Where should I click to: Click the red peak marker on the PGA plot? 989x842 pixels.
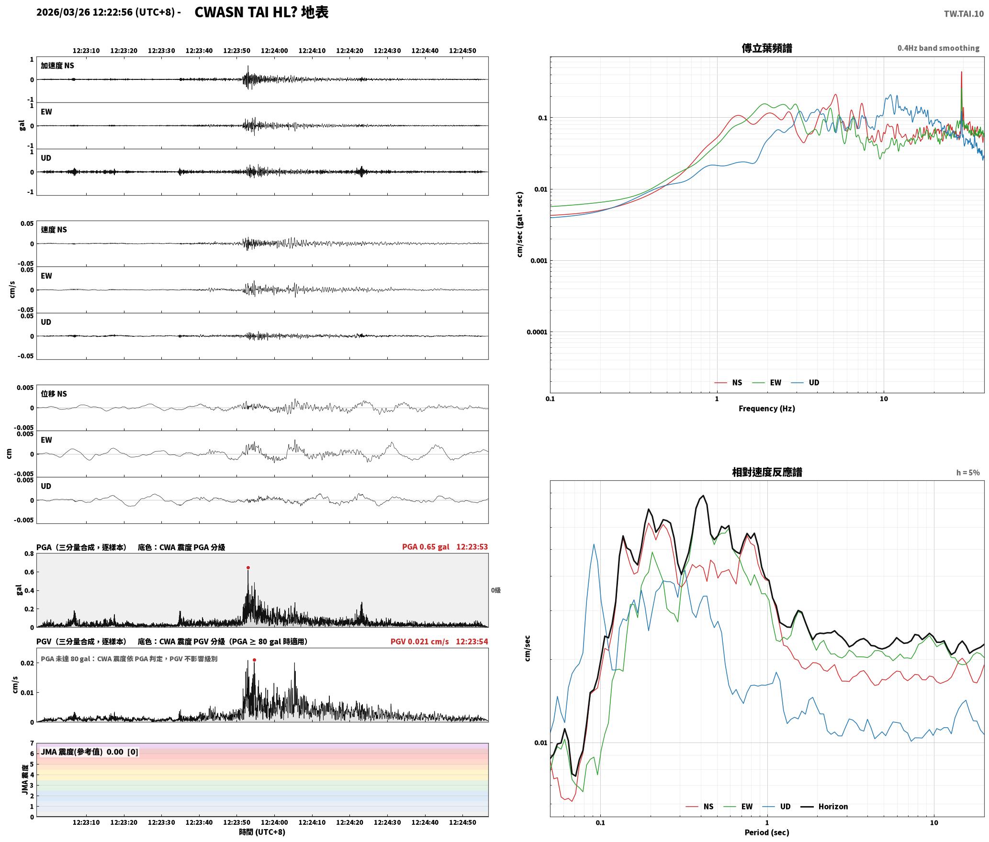(x=248, y=568)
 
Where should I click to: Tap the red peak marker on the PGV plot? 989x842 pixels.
(x=254, y=660)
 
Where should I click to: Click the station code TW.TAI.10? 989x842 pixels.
(x=964, y=14)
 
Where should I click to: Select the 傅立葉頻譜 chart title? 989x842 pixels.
(x=766, y=48)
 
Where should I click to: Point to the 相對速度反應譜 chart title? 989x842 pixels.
(x=767, y=472)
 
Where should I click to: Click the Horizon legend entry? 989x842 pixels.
(x=824, y=807)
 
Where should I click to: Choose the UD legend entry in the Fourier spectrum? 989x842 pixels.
(x=805, y=383)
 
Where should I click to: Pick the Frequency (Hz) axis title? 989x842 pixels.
(x=766, y=409)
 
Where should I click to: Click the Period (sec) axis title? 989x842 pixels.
(x=766, y=832)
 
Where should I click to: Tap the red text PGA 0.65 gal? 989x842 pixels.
(x=426, y=547)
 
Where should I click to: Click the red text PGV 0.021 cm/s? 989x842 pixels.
(x=420, y=642)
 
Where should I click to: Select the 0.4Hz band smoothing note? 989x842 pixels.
(x=938, y=48)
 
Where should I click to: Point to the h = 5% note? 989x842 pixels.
(x=968, y=473)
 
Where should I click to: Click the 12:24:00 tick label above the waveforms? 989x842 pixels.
(x=274, y=51)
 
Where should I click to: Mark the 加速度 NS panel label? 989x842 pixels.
(x=57, y=66)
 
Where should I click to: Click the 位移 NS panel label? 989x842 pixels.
(x=54, y=394)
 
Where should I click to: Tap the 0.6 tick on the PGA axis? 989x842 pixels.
(x=29, y=572)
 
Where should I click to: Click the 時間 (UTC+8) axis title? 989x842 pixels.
(x=262, y=832)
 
